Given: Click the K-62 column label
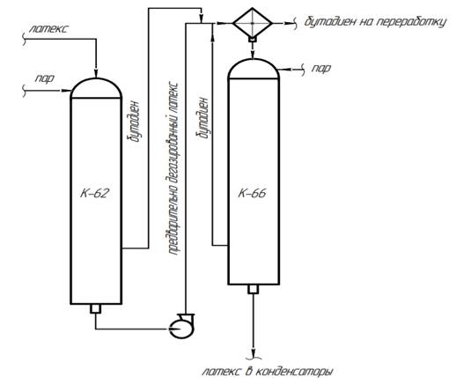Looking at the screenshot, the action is point(94,193).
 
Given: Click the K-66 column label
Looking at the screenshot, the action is point(252,193).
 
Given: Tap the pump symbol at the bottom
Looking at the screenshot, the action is point(182,325).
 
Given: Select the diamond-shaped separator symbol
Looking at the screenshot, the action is point(253,23).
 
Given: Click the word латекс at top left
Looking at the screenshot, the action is point(49,29).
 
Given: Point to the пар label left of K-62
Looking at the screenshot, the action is point(45,78).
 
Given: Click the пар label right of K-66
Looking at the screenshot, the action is point(321,69).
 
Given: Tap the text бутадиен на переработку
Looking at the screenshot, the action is point(375,22).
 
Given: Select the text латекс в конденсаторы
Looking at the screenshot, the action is point(268,371).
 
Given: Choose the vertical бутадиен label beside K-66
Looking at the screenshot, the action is point(203,118).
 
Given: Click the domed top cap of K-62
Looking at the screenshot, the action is point(96,88).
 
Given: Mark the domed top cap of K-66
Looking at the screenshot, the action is point(254,69).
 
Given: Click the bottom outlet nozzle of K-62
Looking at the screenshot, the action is point(96,308).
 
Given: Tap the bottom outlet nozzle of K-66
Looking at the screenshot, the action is point(254,289).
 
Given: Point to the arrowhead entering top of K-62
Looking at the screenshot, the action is point(96,74).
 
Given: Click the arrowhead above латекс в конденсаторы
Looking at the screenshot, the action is point(253,352).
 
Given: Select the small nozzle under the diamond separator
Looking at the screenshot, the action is point(253,39).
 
